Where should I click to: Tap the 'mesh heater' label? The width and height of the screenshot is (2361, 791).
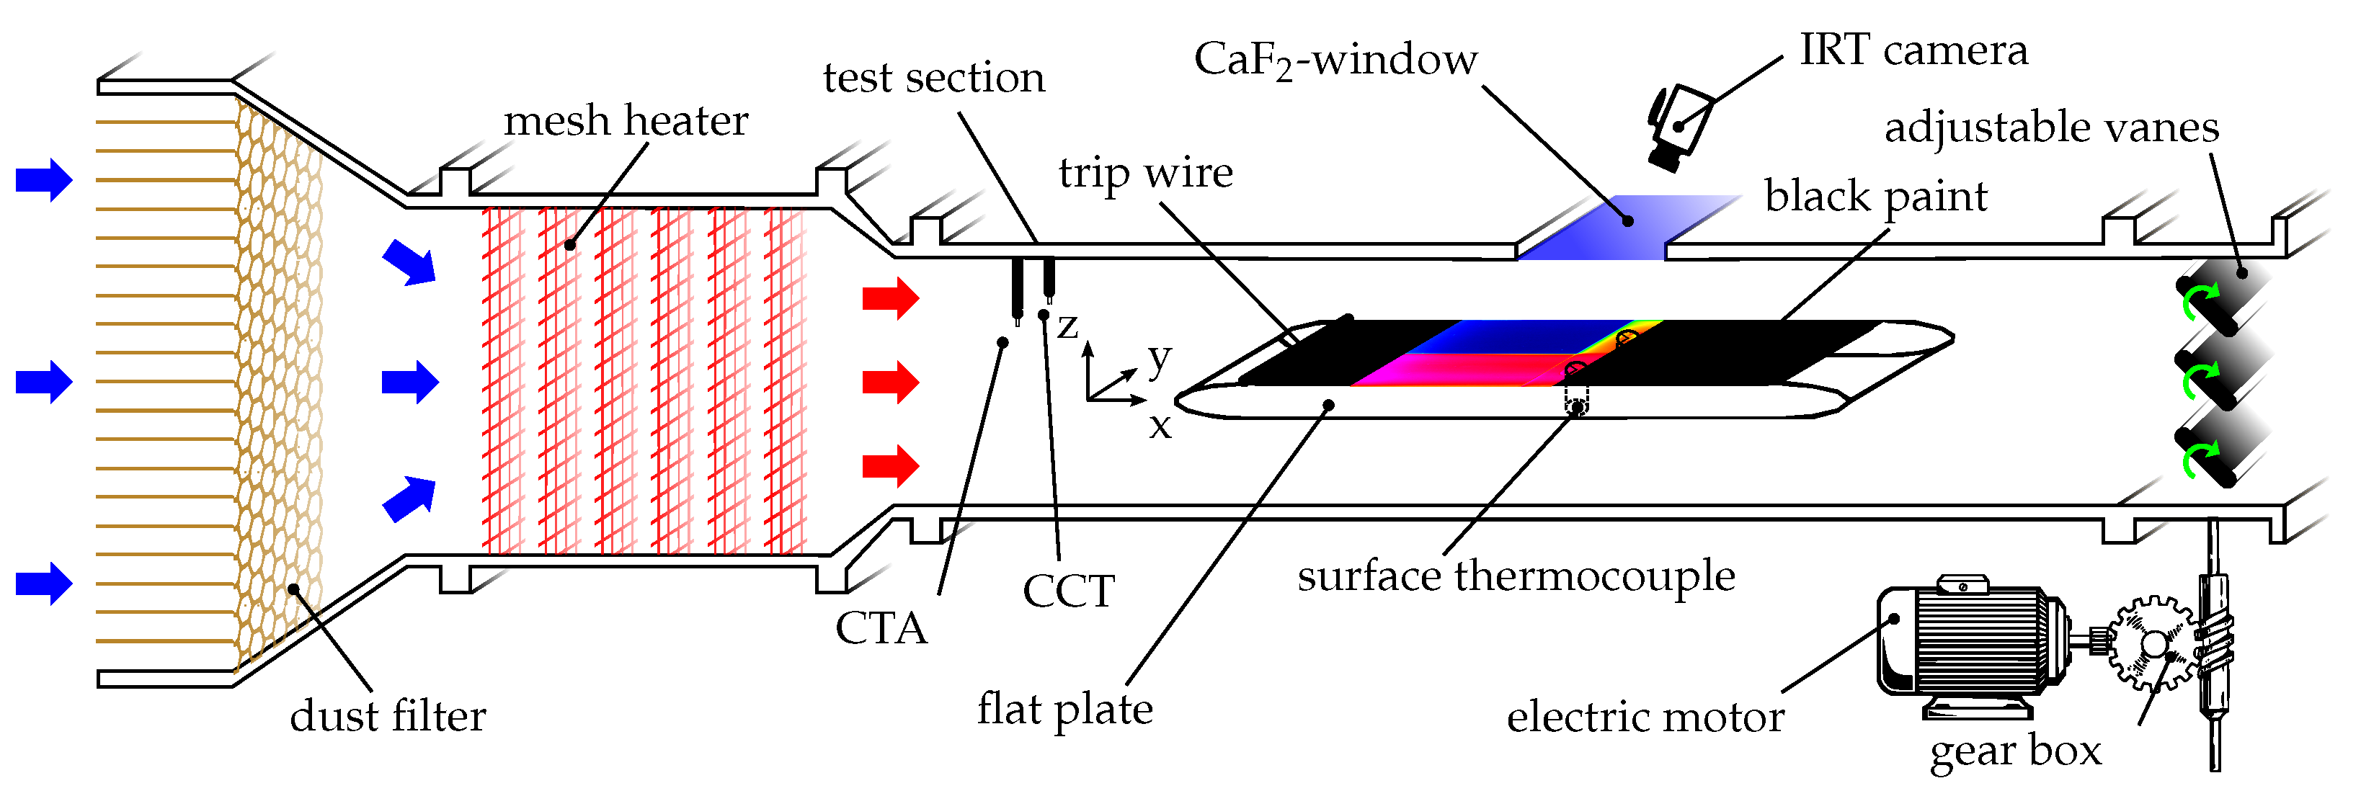[x=626, y=121]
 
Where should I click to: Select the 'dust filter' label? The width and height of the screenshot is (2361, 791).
[x=388, y=716]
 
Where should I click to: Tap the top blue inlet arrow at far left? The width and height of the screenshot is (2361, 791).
[x=44, y=179]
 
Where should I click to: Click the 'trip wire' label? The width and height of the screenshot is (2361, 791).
[x=1146, y=173]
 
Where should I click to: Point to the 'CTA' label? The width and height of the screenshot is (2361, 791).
[x=881, y=629]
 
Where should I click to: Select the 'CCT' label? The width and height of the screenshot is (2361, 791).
[x=1069, y=591]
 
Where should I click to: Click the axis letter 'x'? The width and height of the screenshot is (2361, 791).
[x=1160, y=426]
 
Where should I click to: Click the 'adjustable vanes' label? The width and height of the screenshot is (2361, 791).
[x=2051, y=128]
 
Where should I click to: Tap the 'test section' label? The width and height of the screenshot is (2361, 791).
[x=934, y=78]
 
